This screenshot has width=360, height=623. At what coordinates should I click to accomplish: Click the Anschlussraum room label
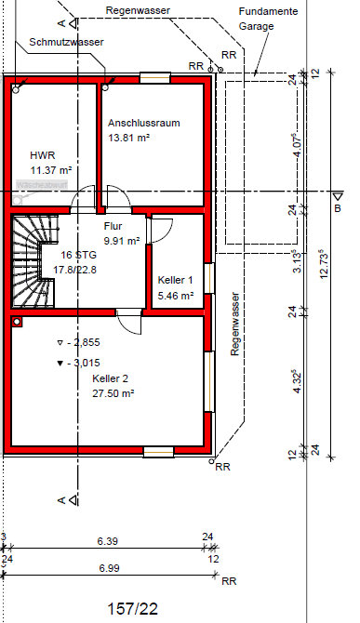[x=143, y=123]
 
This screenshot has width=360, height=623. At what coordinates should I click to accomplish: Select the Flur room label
[x=113, y=225]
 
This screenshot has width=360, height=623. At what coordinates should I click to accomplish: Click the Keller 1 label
[x=175, y=280]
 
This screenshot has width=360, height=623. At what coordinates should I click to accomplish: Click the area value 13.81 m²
[x=129, y=138]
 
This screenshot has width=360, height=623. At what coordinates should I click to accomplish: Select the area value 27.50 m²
[x=113, y=394]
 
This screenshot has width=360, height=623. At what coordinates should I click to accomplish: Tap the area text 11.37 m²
[x=51, y=171]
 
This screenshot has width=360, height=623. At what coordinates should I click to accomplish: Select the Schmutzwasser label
[x=66, y=43]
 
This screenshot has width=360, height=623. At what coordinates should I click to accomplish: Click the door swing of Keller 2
[x=128, y=325]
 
